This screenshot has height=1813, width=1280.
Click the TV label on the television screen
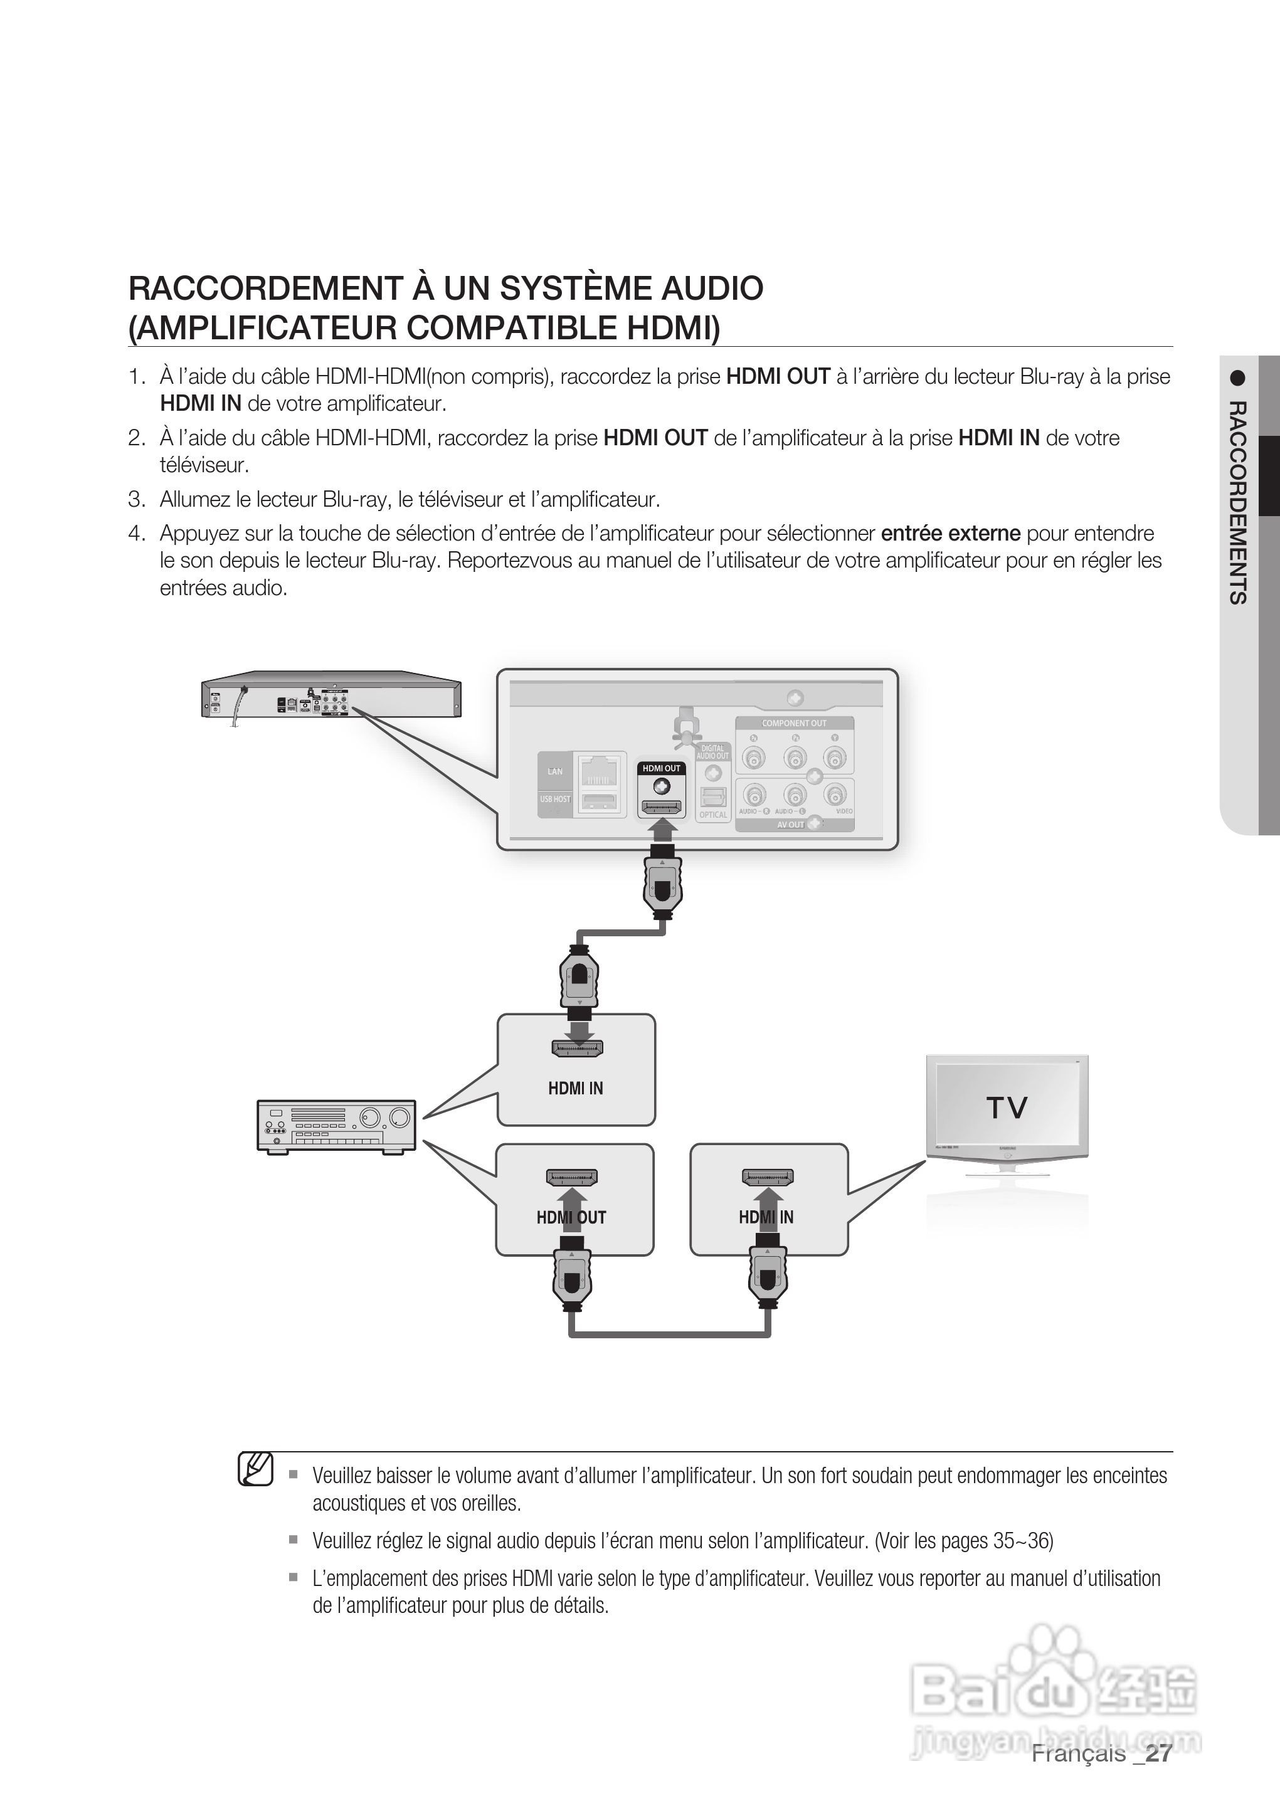coord(1006,1108)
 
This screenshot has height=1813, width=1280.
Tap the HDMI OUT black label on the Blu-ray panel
coord(661,768)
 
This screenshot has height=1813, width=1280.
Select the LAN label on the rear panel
coord(555,771)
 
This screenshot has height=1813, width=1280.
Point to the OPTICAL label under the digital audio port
coord(713,815)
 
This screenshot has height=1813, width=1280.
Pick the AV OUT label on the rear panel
coord(790,825)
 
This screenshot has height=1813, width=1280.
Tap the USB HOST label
coord(555,799)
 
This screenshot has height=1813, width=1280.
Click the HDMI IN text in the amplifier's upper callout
coord(575,1088)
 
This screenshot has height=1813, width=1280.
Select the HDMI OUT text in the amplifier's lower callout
coord(571,1218)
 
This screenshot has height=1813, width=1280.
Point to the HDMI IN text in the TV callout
coord(766,1218)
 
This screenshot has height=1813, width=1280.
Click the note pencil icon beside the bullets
coord(256,1469)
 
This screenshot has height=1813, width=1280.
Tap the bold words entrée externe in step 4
coord(951,534)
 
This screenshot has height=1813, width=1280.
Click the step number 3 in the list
coord(137,500)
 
